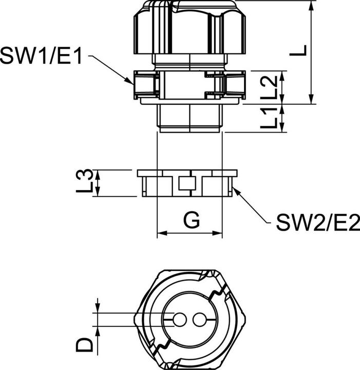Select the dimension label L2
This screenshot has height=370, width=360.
coord(272,88)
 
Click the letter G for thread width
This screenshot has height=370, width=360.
coord(191,221)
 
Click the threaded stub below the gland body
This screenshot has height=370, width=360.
coord(190,119)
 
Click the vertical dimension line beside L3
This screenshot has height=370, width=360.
coord(97,183)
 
